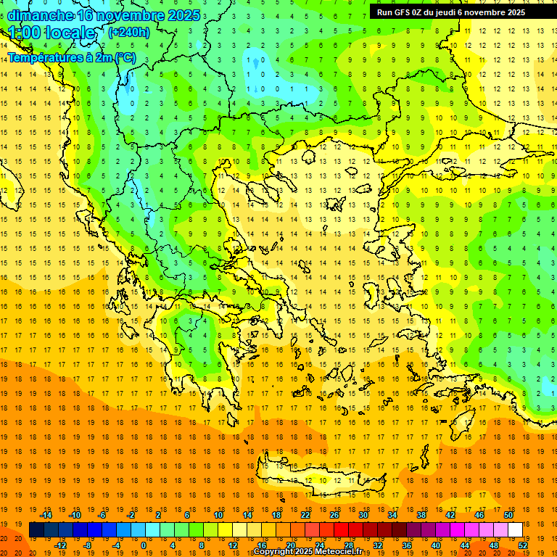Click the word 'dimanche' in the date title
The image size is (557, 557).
pos(40,15)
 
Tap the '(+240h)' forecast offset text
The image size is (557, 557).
pos(129,32)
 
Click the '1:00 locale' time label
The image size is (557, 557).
pos(52,33)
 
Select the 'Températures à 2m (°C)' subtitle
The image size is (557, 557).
pos(71,57)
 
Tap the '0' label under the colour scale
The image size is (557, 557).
pos(144,545)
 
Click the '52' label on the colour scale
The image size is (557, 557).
pos(523,545)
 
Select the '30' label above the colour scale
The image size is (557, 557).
pos(363,515)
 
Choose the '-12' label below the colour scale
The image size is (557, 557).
pos(60,545)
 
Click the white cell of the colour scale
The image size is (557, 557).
pos(515,530)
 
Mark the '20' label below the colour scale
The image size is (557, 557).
pos(290,545)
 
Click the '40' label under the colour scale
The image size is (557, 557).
pos(436,545)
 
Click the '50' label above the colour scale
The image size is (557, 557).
pos(508,515)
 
